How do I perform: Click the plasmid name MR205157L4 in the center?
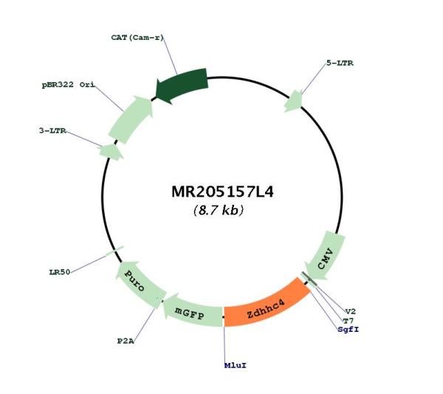point(223,191)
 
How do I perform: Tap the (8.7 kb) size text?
point(219,210)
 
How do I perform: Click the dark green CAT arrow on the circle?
point(182,86)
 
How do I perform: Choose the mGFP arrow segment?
point(192,311)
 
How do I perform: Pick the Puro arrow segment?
point(139,284)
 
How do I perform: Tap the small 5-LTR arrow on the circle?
point(294,101)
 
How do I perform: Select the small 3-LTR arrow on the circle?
point(111,152)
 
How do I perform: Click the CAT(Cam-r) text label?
point(137,38)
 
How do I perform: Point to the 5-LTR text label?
point(340,63)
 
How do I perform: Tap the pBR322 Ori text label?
point(69,84)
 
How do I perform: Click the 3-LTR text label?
point(52,131)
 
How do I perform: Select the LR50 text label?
point(60,272)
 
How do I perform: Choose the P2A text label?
point(126,341)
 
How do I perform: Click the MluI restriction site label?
point(236,365)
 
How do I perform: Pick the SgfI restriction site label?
point(348,330)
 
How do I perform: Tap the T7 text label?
point(348,321)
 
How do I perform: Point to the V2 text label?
point(351,312)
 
